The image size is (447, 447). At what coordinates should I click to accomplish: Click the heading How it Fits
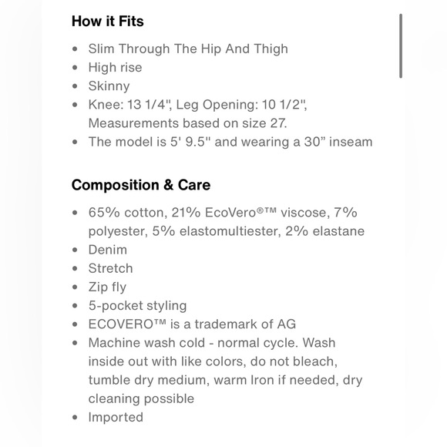click(x=107, y=21)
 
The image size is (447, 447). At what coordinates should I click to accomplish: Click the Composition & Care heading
click(x=141, y=185)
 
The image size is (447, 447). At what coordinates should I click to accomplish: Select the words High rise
click(x=115, y=67)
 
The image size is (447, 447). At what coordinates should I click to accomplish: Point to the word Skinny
click(x=109, y=86)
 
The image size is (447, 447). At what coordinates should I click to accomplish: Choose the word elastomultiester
click(x=227, y=231)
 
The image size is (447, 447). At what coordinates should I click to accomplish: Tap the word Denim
click(x=107, y=250)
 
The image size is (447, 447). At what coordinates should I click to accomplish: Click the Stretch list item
click(x=110, y=268)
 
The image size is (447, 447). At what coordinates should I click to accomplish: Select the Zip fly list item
click(x=107, y=287)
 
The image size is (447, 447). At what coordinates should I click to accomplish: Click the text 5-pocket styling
click(x=137, y=305)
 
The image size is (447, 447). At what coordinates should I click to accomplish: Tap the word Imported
click(x=116, y=417)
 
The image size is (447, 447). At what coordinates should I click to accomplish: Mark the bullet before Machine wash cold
click(x=75, y=343)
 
